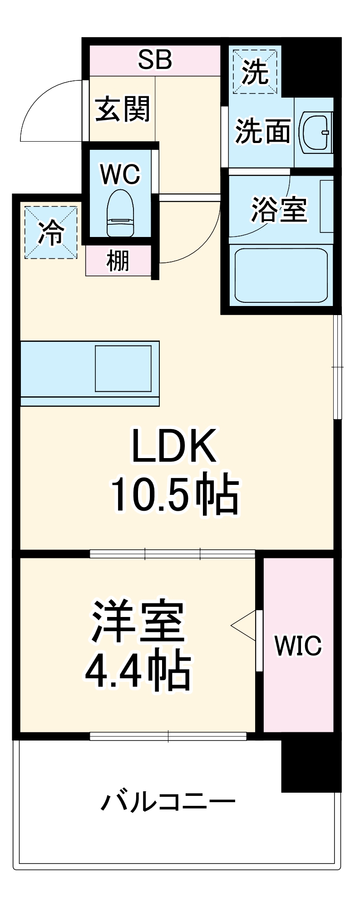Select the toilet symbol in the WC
tap(120, 213)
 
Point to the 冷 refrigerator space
tap(50, 232)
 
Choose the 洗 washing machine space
tap(254, 72)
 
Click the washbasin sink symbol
tap(315, 132)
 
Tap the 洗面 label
tap(262, 132)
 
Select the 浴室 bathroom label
tap(279, 210)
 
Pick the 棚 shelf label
tap(118, 262)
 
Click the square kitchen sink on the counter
tap(123, 368)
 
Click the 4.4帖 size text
tap(138, 671)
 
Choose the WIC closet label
tap(298, 645)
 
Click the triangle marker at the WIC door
tap(244, 626)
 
